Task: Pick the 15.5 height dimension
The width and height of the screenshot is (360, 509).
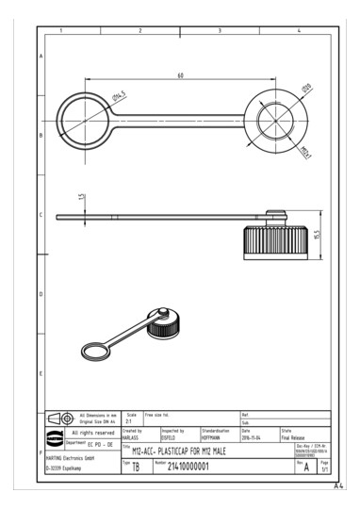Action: [317, 233]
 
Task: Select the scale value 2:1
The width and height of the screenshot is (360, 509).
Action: [129, 421]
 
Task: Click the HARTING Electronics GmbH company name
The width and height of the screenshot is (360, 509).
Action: [74, 455]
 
